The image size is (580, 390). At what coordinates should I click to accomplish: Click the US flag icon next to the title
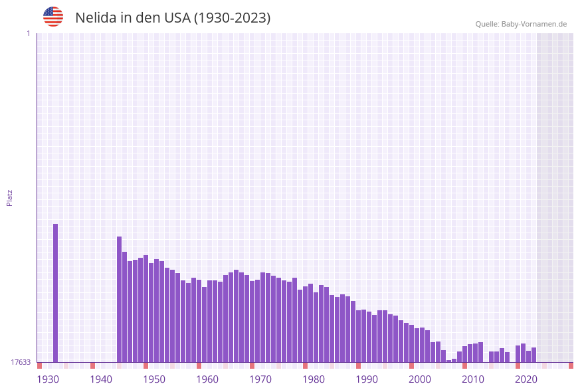tap(53, 17)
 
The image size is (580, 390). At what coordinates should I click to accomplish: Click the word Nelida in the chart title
tap(96, 18)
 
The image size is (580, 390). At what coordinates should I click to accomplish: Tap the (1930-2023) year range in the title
tap(232, 18)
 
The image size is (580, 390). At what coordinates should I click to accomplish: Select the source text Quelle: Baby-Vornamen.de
tap(521, 24)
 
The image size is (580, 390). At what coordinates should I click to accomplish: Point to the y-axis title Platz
tap(10, 197)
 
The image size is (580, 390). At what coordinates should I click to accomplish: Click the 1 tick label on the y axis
tap(28, 33)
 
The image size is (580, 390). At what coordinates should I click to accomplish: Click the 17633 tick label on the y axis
tap(21, 362)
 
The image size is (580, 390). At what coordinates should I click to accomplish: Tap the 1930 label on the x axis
tap(48, 379)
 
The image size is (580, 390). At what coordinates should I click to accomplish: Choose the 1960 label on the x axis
tap(207, 379)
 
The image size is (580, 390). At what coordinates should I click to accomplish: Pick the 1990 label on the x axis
tap(367, 379)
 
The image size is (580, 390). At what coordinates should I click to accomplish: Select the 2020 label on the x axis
tap(526, 379)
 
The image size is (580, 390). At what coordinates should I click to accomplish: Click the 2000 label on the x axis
tap(420, 379)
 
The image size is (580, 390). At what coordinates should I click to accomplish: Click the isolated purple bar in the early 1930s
tap(55, 292)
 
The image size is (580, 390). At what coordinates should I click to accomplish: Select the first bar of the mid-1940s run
tap(120, 299)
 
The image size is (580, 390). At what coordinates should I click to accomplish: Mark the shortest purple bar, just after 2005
tap(449, 361)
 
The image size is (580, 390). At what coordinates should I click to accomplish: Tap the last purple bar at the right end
tap(533, 355)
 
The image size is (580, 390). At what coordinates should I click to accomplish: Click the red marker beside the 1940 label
tap(92, 365)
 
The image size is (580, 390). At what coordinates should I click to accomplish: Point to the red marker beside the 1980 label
tap(305, 365)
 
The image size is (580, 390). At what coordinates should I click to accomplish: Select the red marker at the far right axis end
tap(571, 365)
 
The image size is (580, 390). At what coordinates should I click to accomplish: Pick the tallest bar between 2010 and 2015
tap(480, 352)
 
